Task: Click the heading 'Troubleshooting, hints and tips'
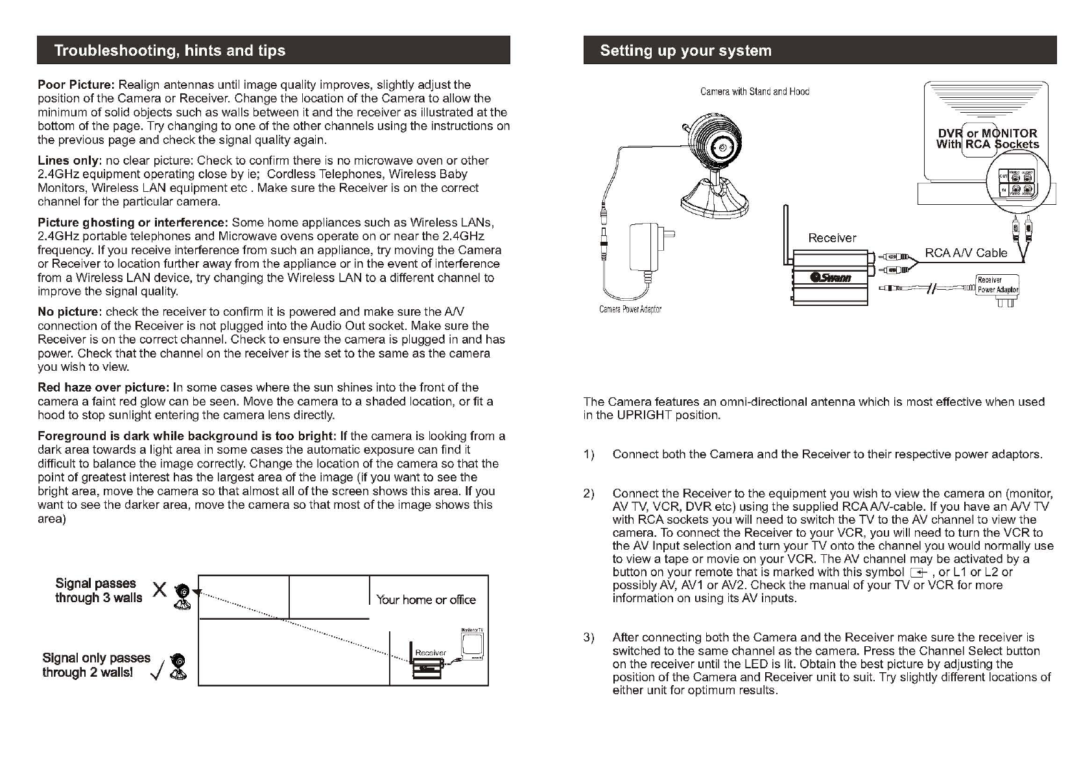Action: coord(169,51)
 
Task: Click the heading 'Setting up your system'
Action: coord(685,51)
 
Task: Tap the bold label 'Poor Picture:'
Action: coord(76,85)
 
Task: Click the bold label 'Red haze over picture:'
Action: coord(103,388)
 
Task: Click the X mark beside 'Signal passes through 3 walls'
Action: coord(159,590)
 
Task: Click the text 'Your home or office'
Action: coord(426,600)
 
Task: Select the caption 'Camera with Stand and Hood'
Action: coord(754,92)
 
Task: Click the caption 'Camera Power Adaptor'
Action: coord(630,309)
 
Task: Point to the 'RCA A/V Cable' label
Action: coord(966,253)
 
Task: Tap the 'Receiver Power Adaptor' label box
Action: coord(997,285)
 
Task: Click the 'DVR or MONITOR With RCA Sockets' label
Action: coord(987,139)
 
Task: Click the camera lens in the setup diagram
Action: coord(722,146)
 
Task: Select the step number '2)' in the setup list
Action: coord(589,494)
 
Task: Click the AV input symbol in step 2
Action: coord(917,572)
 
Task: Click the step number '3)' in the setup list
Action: coord(589,638)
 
